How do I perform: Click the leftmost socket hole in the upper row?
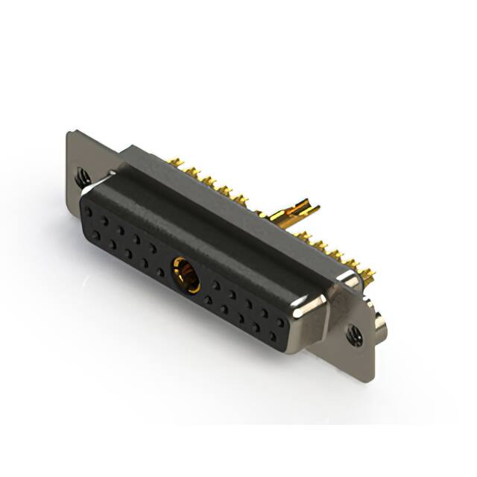[x=87, y=211]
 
